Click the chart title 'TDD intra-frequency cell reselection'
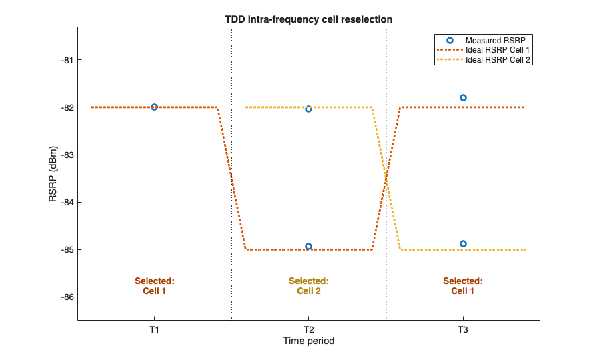[308, 19]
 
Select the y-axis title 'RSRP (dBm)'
[54, 174]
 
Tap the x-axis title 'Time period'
[308, 341]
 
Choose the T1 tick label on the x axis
[154, 329]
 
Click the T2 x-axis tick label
[308, 329]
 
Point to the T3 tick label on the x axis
[463, 329]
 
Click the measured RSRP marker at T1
[154, 107]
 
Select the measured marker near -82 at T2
[308, 109]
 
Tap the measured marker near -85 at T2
[308, 246]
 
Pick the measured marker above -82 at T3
[463, 97]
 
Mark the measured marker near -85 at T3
[463, 243]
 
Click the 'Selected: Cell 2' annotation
[308, 286]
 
